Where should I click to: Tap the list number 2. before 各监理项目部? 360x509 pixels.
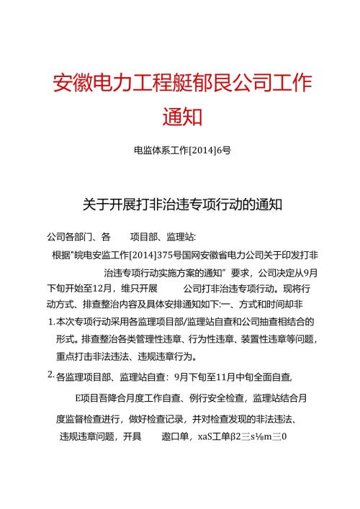click(x=50, y=374)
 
